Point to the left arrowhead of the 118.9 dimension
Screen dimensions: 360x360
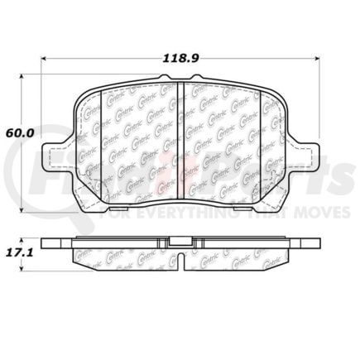(42, 57)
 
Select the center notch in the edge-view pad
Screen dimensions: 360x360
(180, 245)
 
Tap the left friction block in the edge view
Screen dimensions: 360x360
(124, 257)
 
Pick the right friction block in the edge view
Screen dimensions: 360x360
(240, 257)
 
